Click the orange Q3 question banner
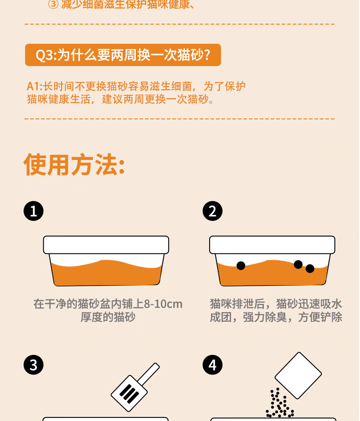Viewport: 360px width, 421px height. (x=123, y=55)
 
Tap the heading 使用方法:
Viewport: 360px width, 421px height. (x=74, y=164)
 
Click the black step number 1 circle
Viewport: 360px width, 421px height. (x=34, y=211)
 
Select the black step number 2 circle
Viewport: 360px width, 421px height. (x=212, y=211)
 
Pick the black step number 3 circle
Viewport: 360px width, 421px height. (x=34, y=365)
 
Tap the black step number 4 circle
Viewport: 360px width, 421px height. (x=212, y=365)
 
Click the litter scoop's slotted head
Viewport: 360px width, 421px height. (x=129, y=393)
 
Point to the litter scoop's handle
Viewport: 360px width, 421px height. (x=149, y=374)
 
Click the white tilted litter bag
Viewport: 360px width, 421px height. (x=298, y=375)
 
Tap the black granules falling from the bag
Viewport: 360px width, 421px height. (x=280, y=403)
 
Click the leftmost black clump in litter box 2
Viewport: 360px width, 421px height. (x=241, y=266)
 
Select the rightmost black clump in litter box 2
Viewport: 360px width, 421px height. (x=310, y=268)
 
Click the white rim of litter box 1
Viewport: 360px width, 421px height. (x=106, y=245)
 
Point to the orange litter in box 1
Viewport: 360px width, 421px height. (x=106, y=273)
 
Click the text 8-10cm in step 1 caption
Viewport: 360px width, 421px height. (x=163, y=304)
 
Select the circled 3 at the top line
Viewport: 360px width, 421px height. (x=53, y=5)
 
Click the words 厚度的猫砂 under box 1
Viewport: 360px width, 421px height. (x=108, y=317)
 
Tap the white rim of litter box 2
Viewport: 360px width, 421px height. (x=272, y=245)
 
